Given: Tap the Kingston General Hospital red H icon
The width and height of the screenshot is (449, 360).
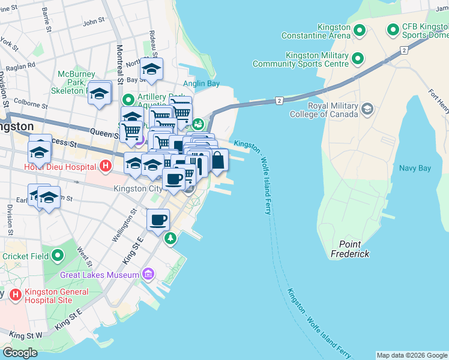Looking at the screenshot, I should pos(16,295).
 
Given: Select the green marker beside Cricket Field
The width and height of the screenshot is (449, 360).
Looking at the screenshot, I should pos(58,256).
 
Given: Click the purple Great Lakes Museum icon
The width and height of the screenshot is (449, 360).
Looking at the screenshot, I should pos(148,275).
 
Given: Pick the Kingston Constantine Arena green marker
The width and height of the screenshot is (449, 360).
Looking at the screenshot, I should pos(360,29).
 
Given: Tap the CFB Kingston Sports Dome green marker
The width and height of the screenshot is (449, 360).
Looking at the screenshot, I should pos(394,29).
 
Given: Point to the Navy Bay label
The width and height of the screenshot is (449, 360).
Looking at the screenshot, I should pos(415,168).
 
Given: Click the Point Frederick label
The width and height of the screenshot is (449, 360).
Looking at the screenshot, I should pos(350,249).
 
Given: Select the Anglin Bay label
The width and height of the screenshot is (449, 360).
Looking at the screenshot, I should pos(201,83).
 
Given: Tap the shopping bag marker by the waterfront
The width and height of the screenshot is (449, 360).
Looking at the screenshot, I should pos(218,161).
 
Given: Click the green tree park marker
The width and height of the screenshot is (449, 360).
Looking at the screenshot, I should pos(171,238).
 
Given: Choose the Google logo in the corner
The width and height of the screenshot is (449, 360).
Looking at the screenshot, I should pos(20,353).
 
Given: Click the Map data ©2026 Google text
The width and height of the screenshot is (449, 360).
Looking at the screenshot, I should pos(411,355).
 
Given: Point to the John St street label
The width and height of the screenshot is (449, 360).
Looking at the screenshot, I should pos(94,22).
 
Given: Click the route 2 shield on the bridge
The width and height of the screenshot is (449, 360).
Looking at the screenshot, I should pos(279,100).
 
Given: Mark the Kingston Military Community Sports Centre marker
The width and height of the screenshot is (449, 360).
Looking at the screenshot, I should pos(358,58).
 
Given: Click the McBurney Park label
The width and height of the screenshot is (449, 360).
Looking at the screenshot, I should pos(73,82).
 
